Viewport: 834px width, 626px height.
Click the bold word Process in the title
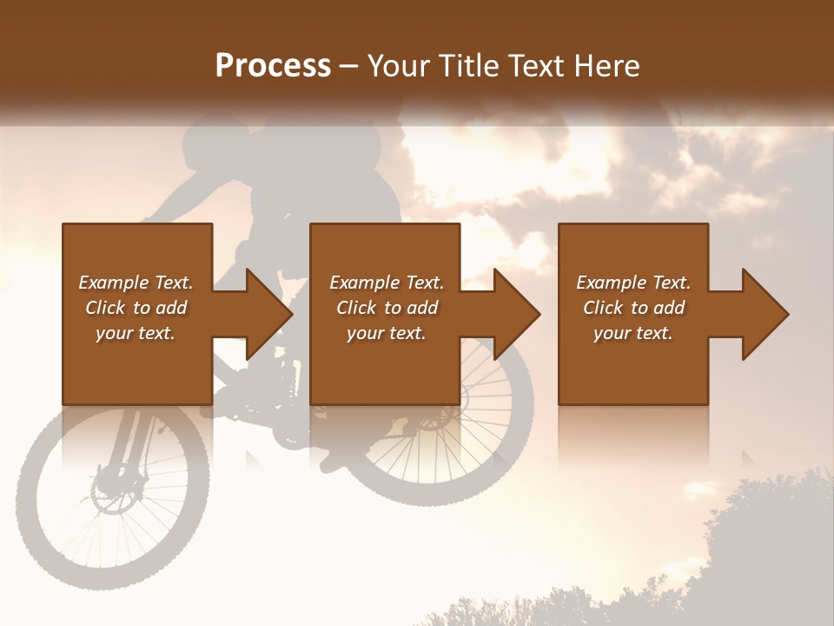pyautogui.click(x=273, y=66)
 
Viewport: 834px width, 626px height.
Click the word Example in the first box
pyautogui.click(x=114, y=283)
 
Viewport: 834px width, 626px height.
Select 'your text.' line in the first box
pyautogui.click(x=136, y=333)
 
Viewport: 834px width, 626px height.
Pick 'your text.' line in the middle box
pyautogui.click(x=387, y=333)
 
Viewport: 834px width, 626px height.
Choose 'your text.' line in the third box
pyautogui.click(x=633, y=333)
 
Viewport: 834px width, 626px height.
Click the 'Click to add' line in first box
pyautogui.click(x=136, y=308)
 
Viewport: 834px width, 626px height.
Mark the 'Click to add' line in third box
pyautogui.click(x=633, y=308)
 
